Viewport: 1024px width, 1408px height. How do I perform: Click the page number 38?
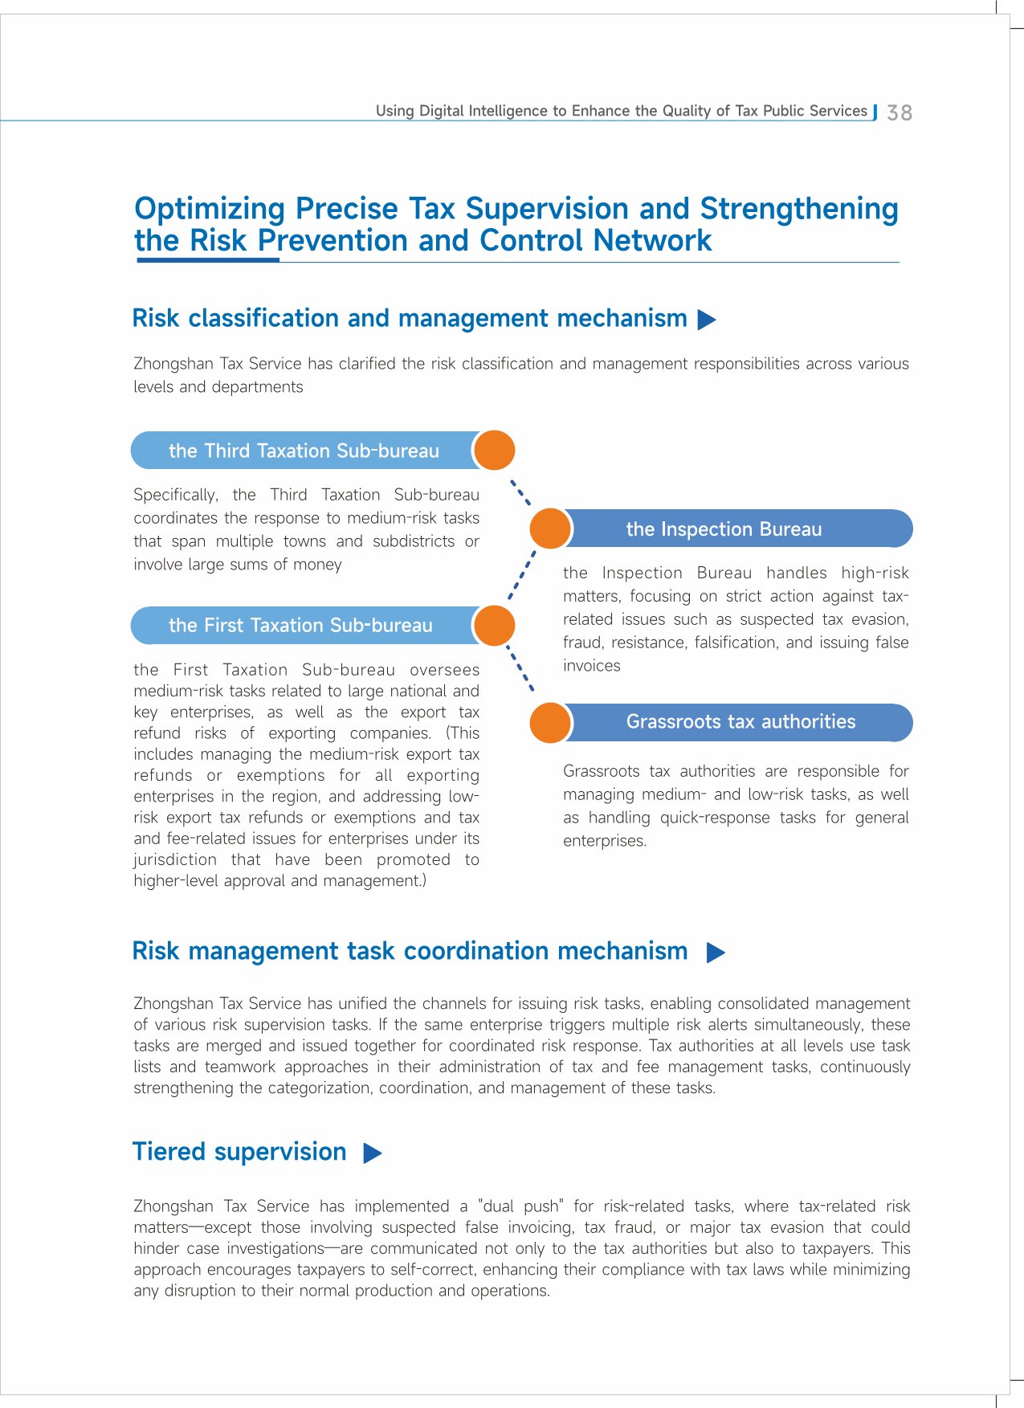(900, 112)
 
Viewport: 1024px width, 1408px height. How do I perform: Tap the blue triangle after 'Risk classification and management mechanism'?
(707, 320)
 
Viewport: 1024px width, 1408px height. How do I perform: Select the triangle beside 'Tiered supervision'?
(372, 1153)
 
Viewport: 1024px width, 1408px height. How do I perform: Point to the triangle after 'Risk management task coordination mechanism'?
(716, 953)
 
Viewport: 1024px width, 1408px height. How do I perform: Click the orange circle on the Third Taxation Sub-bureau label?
(494, 450)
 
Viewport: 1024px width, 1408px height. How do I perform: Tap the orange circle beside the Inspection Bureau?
(550, 529)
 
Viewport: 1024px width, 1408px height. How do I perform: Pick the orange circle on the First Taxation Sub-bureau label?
(494, 626)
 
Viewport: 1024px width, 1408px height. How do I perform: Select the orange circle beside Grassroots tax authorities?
(550, 721)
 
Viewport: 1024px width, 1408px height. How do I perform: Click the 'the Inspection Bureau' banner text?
(724, 529)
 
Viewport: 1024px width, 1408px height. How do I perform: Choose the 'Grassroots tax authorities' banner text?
(740, 721)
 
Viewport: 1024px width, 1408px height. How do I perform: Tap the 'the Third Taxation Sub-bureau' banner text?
(304, 451)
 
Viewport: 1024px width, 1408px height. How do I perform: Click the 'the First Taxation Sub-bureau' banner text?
(300, 626)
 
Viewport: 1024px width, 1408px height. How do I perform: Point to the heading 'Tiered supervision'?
(239, 1152)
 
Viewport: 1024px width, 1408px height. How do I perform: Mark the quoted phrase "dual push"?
(520, 1206)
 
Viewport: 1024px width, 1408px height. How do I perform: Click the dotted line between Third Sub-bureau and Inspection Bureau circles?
(521, 492)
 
